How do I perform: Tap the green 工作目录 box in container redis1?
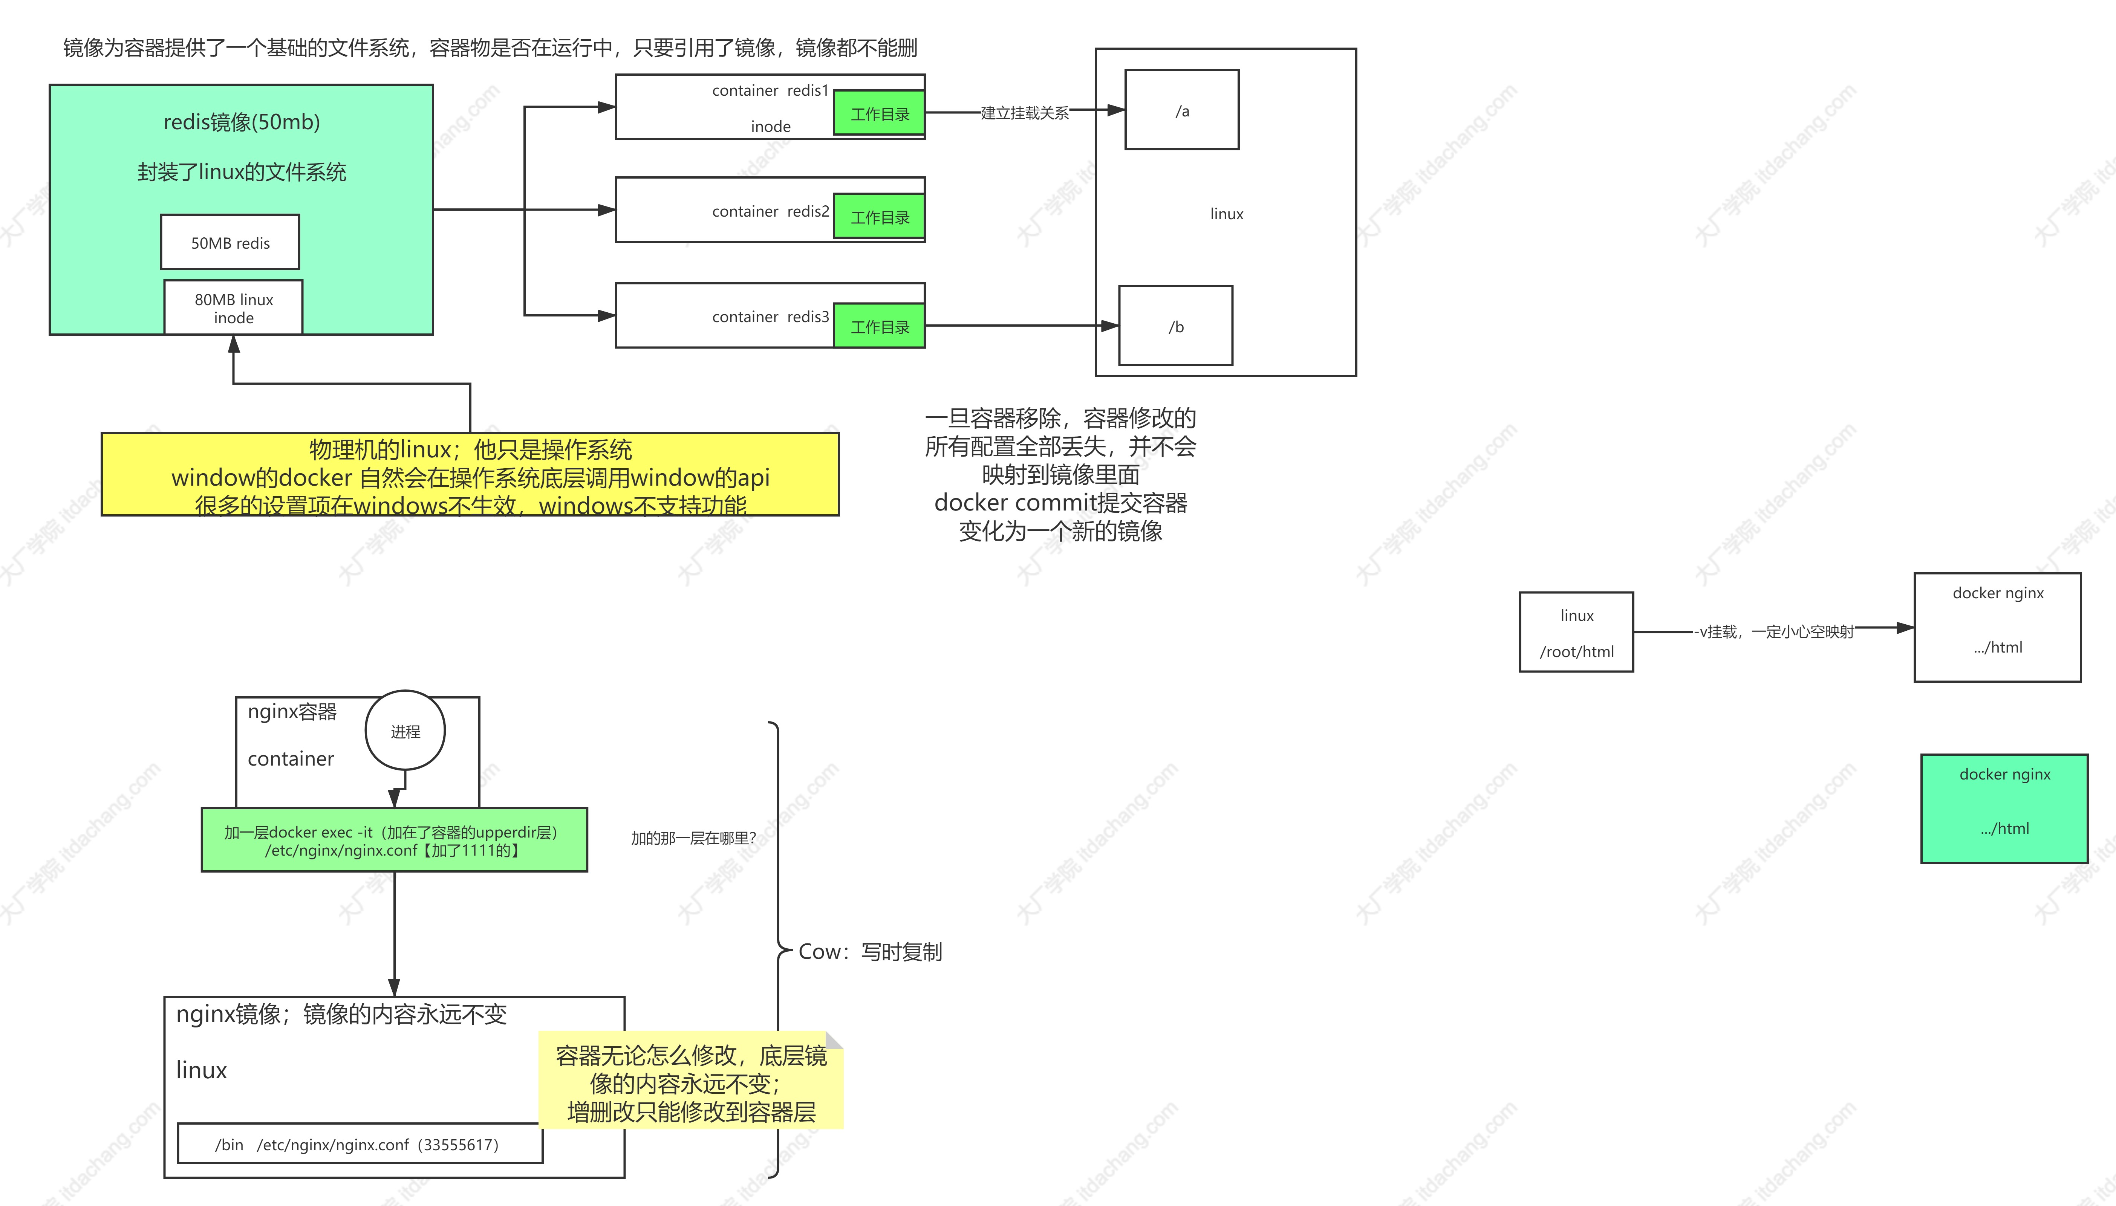[x=879, y=113]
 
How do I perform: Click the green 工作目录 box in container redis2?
[x=879, y=217]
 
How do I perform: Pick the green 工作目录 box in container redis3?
[x=879, y=326]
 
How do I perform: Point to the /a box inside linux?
[x=1181, y=110]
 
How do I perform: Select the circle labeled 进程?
[x=405, y=731]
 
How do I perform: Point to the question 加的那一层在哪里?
[x=693, y=838]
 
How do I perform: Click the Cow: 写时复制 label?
[x=870, y=952]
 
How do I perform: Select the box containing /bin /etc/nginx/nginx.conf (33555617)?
[x=360, y=1144]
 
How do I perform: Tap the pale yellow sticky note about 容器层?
[x=691, y=1082]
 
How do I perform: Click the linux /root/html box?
[x=1576, y=632]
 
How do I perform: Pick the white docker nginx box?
[x=1997, y=627]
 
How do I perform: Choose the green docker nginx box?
[x=2004, y=809]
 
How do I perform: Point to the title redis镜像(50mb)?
[x=241, y=122]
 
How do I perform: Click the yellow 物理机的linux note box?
[x=470, y=475]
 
